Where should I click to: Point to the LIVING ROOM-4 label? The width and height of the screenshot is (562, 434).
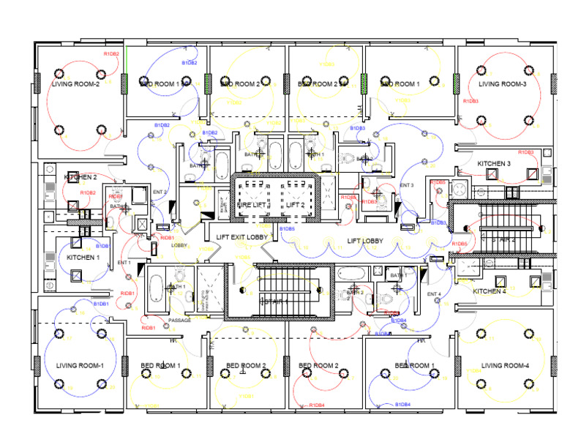[505, 365]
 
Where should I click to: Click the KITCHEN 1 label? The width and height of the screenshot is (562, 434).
[83, 258]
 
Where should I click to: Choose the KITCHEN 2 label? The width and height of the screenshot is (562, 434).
[80, 178]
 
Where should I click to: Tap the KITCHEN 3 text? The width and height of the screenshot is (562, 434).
[494, 163]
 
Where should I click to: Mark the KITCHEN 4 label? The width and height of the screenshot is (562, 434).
[490, 291]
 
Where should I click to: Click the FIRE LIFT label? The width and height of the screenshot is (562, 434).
[253, 206]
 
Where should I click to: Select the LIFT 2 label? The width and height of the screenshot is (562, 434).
[295, 206]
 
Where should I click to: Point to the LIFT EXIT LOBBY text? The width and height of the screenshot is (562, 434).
[241, 236]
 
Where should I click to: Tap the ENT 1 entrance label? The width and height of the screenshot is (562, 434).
[124, 263]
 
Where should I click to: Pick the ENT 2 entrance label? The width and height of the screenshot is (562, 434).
[160, 192]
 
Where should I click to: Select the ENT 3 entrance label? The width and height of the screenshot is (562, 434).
[407, 185]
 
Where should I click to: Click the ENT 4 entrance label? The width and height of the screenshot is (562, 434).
[435, 294]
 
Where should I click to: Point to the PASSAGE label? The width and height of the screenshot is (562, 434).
[179, 321]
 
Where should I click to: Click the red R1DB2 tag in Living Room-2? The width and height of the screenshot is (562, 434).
[111, 53]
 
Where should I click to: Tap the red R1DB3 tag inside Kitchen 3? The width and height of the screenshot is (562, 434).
[525, 152]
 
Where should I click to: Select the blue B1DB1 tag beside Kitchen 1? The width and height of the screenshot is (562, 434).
[102, 247]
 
